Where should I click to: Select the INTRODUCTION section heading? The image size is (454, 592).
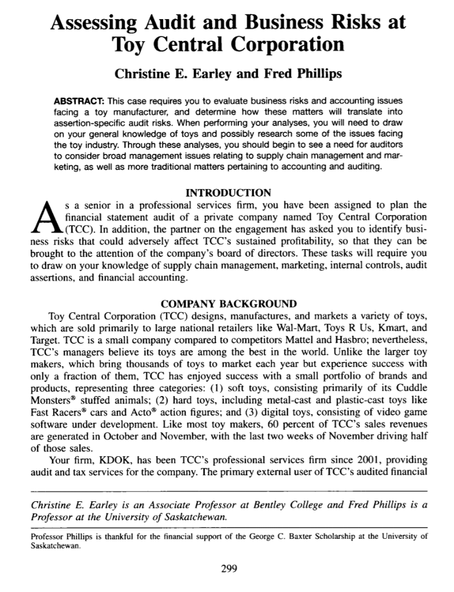pyautogui.click(x=227, y=192)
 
